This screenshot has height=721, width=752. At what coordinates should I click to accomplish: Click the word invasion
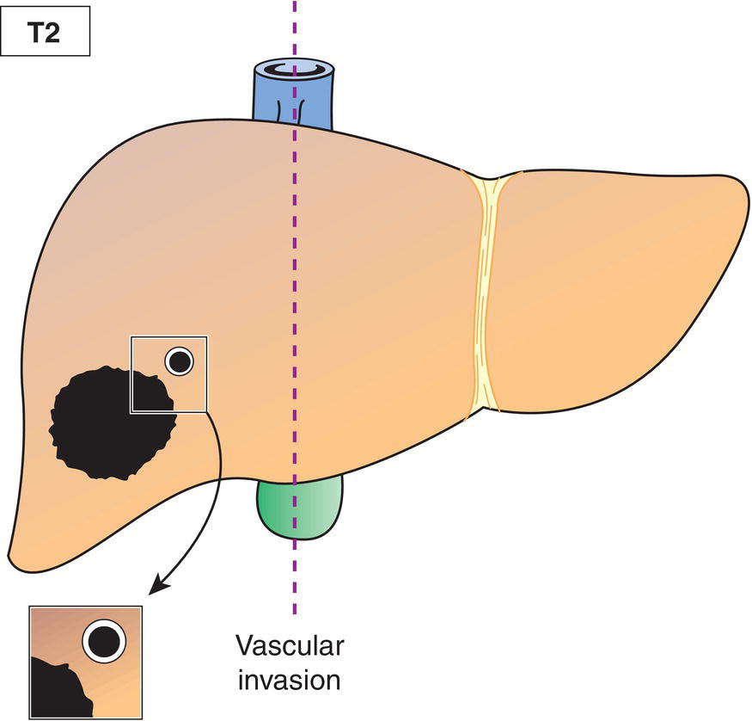[x=290, y=680]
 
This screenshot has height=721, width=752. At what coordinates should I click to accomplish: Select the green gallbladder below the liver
[x=300, y=508]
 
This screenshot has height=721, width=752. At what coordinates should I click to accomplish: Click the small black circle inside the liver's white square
[x=179, y=362]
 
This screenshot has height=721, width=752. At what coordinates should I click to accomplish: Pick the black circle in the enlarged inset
[x=104, y=640]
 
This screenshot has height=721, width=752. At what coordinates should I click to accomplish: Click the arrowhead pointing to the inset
[x=155, y=589]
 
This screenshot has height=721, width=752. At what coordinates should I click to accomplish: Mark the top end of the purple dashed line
[x=295, y=3]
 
